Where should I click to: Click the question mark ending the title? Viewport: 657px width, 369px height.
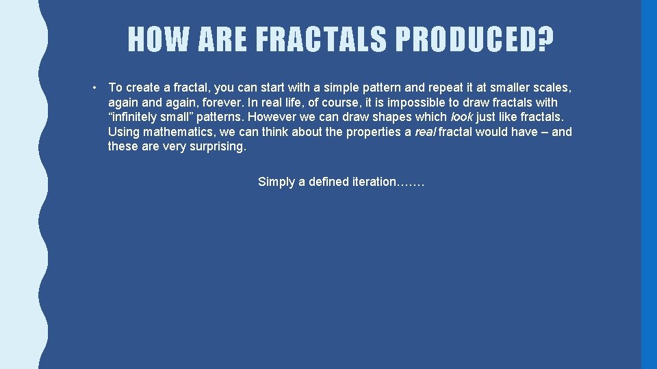click(x=545, y=39)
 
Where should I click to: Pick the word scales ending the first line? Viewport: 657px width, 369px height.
click(x=552, y=87)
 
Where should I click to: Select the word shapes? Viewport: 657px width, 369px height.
click(x=389, y=117)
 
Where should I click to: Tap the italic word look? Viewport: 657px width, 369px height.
click(x=461, y=117)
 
